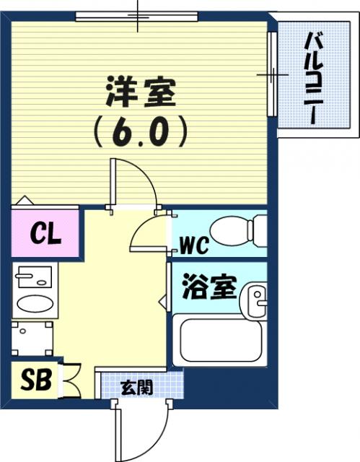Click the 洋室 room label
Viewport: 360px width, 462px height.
pos(141,92)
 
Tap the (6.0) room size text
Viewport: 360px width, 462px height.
pos(140,131)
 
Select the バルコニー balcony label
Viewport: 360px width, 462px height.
pos(314,79)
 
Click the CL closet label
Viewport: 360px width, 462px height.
pos(45,234)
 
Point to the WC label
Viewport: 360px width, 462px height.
pos(194,245)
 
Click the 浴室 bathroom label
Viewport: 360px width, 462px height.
pos(210,287)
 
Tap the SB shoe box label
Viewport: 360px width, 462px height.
pos(35,380)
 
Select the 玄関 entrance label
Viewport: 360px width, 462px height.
pos(137,388)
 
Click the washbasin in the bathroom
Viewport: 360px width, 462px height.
pos(253,300)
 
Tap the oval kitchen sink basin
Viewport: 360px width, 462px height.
pos(35,304)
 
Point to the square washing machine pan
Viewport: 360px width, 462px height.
pos(32,339)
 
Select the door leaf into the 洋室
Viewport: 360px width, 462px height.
pos(113,183)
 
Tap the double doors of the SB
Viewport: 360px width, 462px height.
pos(71,381)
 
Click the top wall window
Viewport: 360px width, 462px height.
pos(137,16)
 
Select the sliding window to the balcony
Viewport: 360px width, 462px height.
pos(273,74)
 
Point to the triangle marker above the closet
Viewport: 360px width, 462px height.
pos(25,200)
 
